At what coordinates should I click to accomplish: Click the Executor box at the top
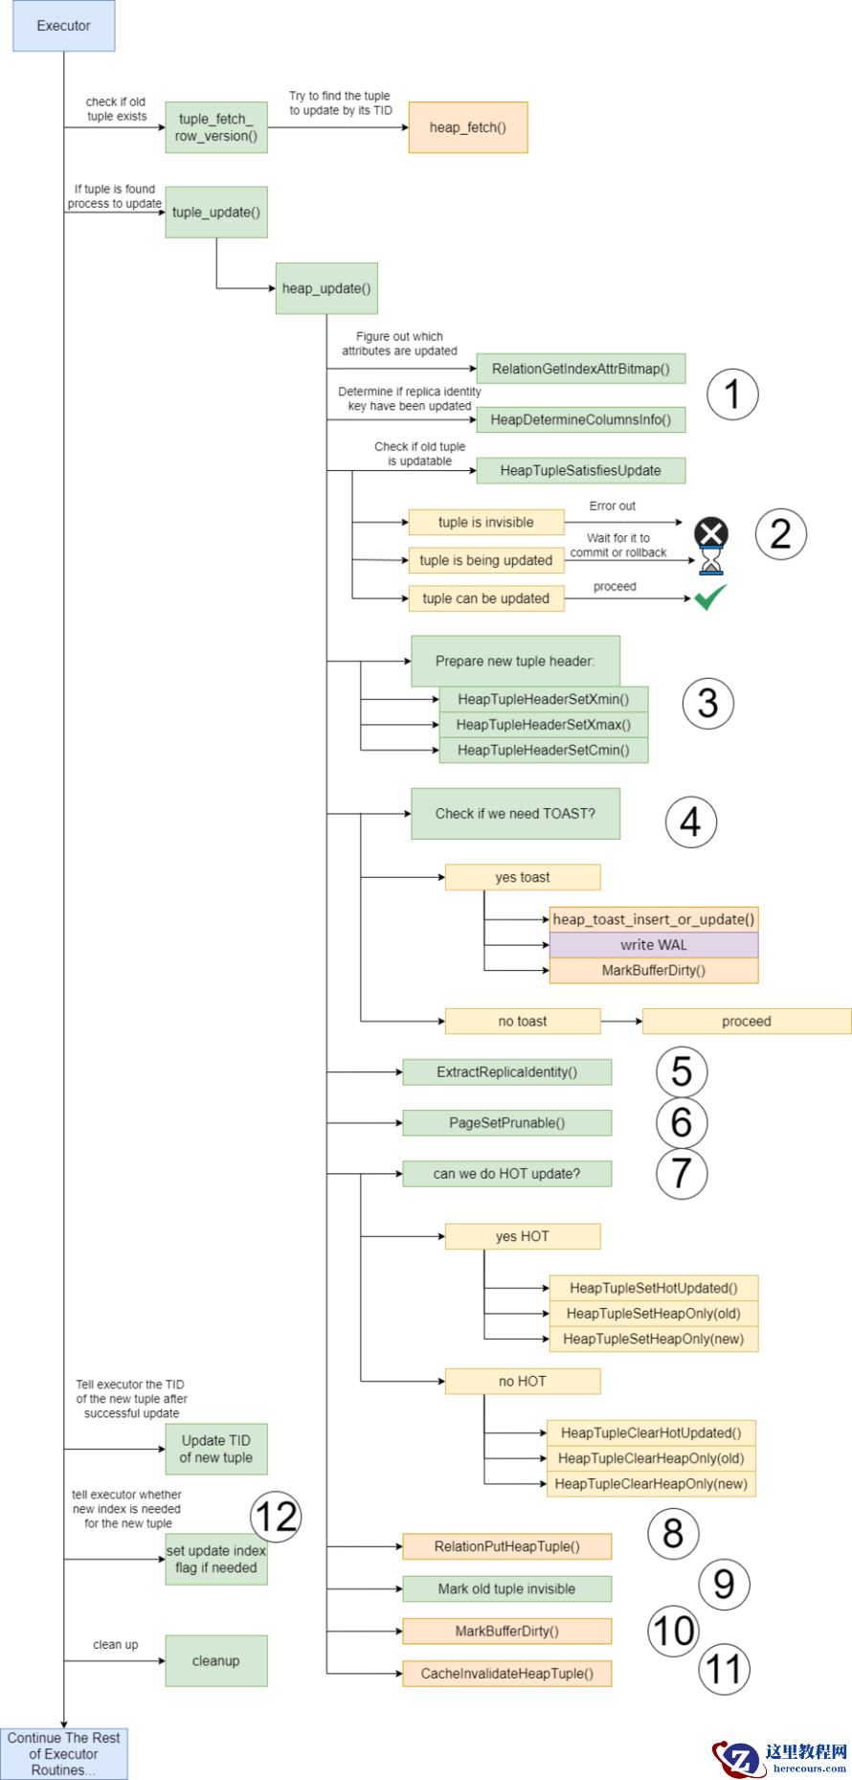pos(63,26)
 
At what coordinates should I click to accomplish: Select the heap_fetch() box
pos(467,127)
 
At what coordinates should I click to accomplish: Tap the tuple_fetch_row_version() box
pos(215,127)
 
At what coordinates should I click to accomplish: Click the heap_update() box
pos(325,288)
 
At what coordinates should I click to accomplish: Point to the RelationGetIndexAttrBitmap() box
pos(580,369)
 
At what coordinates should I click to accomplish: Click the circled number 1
pos(732,394)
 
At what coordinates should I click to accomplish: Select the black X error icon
pos(710,532)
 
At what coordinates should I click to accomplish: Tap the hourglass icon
pos(710,561)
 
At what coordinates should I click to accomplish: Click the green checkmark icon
pos(709,597)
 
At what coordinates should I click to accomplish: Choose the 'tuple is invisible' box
pos(485,522)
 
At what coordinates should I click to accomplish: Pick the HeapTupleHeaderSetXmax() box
pos(543,725)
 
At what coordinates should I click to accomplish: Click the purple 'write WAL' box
pos(653,945)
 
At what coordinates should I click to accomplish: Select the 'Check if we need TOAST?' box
pos(515,814)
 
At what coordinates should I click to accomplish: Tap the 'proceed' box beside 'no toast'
pos(746,1022)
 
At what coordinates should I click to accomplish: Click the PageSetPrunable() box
pos(506,1123)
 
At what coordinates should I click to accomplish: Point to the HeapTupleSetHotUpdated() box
pos(653,1288)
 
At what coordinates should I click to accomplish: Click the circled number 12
pos(276,1517)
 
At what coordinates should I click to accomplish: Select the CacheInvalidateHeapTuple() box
pos(506,1674)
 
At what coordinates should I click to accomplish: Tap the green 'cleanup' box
pos(215,1660)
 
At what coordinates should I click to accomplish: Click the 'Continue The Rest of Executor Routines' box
pos(63,1753)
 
